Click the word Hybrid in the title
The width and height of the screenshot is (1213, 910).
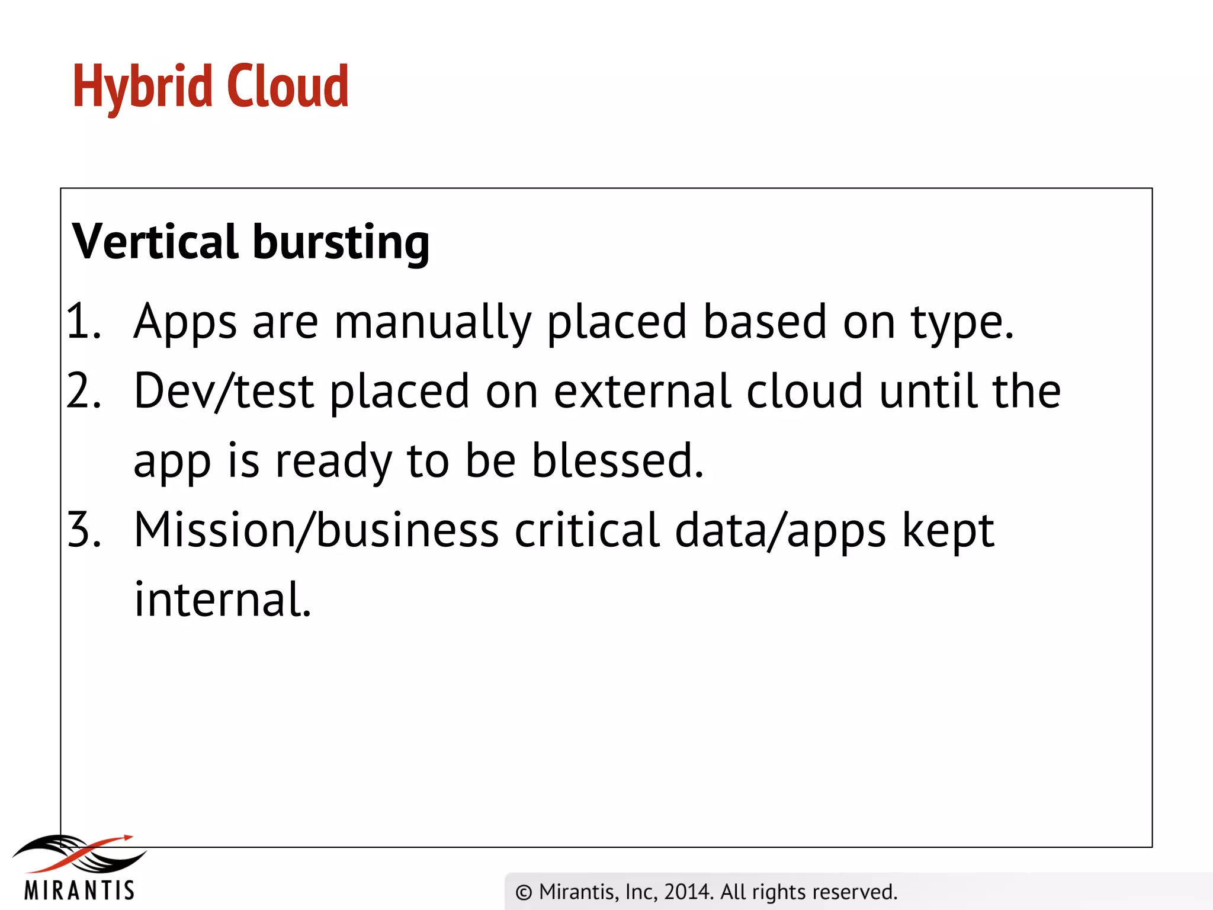point(142,87)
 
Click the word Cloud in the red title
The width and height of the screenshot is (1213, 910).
point(288,87)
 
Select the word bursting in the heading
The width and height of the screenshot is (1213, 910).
point(341,243)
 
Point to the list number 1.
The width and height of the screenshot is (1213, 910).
point(83,322)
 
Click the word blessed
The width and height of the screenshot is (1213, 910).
point(617,460)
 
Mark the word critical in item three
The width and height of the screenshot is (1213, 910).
point(586,530)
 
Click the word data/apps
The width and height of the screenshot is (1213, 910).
point(781,531)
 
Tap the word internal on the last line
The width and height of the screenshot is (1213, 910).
point(223,599)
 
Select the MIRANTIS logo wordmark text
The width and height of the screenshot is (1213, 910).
point(79,890)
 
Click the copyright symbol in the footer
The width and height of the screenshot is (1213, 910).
point(524,892)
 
